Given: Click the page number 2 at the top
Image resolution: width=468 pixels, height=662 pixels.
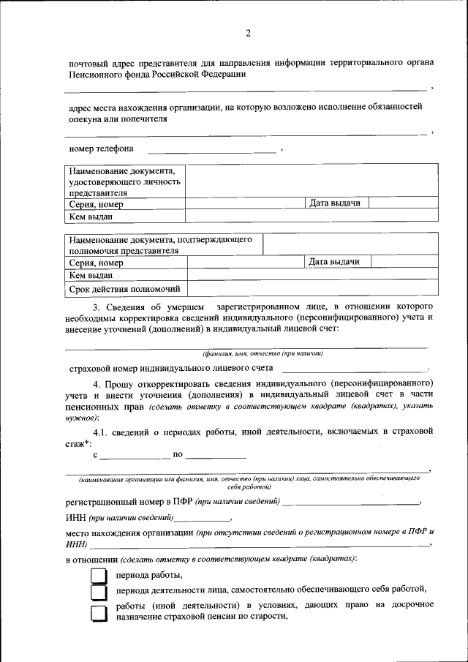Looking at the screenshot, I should coord(248,33).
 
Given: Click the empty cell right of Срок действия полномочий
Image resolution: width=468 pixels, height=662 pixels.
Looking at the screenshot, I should coord(313,289).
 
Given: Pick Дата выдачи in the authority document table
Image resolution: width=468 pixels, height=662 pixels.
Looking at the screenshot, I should coord(334,261).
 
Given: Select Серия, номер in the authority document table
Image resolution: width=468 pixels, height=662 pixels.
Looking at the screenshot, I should coord(96,263).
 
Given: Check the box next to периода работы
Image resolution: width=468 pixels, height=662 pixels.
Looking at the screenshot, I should coord(98,575).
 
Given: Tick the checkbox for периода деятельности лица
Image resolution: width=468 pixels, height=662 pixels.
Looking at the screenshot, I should coord(98,591).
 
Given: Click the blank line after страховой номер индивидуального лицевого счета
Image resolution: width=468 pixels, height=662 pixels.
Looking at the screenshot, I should coord(352,369).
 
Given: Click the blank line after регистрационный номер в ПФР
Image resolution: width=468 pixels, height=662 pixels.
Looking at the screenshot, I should coord(351,503).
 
